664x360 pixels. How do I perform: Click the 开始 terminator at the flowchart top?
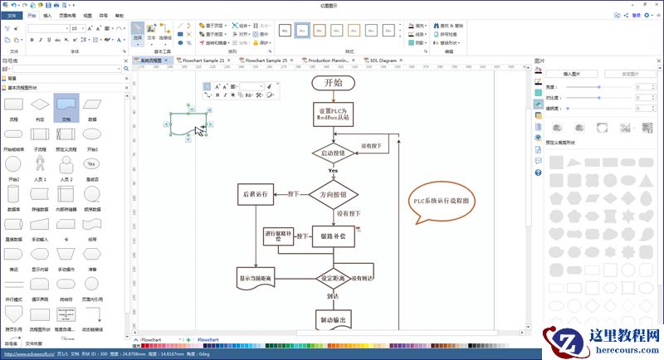click(333, 82)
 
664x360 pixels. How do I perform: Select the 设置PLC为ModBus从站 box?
click(334, 114)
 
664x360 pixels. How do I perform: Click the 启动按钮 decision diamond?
click(333, 153)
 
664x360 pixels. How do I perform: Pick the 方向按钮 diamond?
click(333, 194)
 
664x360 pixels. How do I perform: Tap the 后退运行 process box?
click(256, 194)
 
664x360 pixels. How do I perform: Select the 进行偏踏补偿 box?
click(278, 236)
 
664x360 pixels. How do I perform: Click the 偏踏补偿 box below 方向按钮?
click(333, 236)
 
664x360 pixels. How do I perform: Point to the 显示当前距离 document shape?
click(256, 279)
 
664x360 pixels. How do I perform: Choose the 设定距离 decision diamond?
click(333, 279)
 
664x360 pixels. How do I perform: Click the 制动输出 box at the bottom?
click(333, 319)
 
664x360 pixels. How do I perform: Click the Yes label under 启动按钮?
click(333, 171)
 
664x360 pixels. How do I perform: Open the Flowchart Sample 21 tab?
click(203, 61)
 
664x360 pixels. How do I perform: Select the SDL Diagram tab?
click(383, 61)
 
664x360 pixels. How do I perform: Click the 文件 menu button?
click(12, 15)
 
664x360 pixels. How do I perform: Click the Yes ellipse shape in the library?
click(92, 163)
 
